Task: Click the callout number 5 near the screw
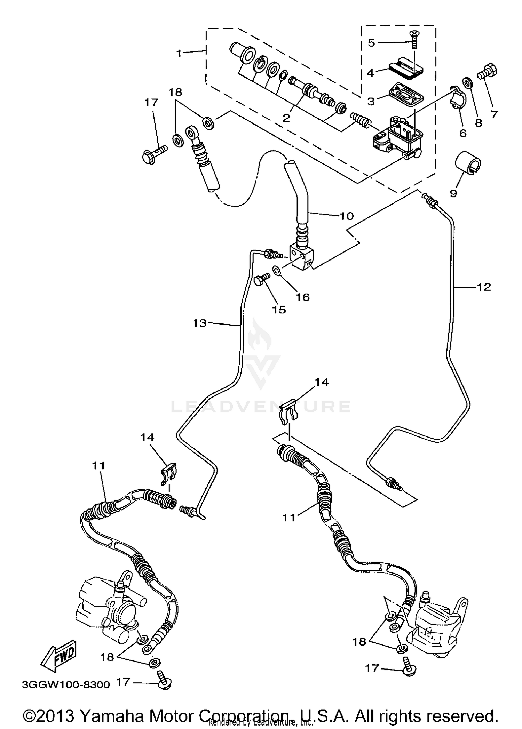pos(371,43)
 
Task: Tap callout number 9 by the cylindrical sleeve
pos(453,193)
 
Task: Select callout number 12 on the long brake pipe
pos(484,287)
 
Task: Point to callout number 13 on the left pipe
pos(199,323)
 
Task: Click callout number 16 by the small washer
pos(302,297)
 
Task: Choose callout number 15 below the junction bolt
pos(279,310)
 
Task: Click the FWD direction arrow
pos(59,656)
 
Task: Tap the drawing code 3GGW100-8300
pos(66,684)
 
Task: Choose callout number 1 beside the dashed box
pos(179,54)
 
